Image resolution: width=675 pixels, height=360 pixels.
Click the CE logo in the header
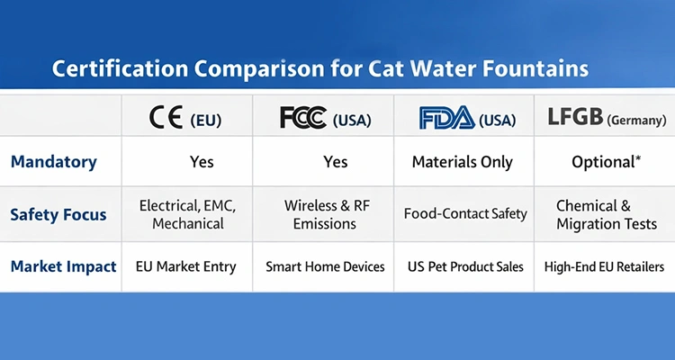pyautogui.click(x=166, y=117)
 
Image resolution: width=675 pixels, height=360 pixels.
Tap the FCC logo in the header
pyautogui.click(x=303, y=117)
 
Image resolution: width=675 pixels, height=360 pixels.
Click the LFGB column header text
pyautogui.click(x=576, y=117)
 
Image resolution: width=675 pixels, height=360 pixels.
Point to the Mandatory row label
pyautogui.click(x=53, y=162)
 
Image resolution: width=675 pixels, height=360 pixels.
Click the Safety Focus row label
pyautogui.click(x=58, y=214)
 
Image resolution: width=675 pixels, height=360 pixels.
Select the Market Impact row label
pyautogui.click(x=63, y=266)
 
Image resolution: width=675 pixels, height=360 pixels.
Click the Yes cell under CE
pyautogui.click(x=202, y=162)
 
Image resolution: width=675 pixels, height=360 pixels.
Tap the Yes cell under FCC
pyautogui.click(x=335, y=162)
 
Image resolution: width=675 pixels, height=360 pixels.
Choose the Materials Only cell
pyautogui.click(x=462, y=162)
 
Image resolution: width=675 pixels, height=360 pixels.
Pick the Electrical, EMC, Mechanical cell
pyautogui.click(x=187, y=214)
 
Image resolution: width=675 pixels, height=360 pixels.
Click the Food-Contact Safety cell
pyautogui.click(x=464, y=214)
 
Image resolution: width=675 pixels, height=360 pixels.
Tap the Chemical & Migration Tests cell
pyautogui.click(x=606, y=214)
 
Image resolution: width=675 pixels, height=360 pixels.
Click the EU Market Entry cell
pyautogui.click(x=185, y=266)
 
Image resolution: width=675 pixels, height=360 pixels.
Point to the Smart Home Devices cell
pyautogui.click(x=325, y=266)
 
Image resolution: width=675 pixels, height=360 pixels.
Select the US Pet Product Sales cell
pyautogui.click(x=463, y=266)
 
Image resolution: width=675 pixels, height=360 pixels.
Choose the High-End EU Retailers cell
pyautogui.click(x=604, y=266)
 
